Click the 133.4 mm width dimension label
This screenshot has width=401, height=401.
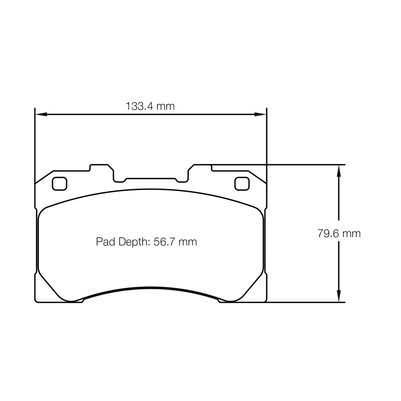click(x=150, y=106)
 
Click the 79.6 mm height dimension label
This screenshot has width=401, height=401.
click(x=339, y=234)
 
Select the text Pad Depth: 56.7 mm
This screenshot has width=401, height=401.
click(x=146, y=242)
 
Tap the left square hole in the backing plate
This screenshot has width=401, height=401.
click(x=60, y=183)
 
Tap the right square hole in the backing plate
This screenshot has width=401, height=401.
click(x=242, y=183)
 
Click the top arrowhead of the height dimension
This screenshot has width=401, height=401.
click(x=339, y=170)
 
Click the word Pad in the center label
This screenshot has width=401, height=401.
click(x=105, y=242)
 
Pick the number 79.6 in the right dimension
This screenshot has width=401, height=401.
click(x=328, y=234)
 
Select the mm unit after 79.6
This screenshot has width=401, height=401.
click(x=351, y=234)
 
